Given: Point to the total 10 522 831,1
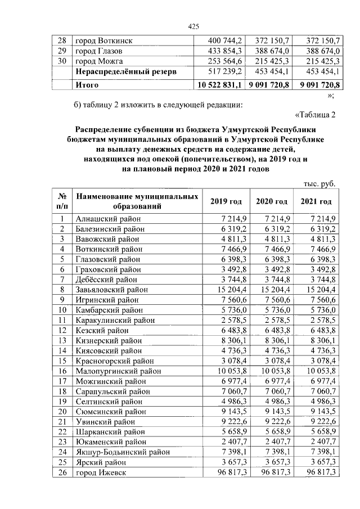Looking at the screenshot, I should click(x=218, y=85).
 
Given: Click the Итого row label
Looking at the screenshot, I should click(x=87, y=85).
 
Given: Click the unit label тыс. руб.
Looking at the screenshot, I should click(x=319, y=183).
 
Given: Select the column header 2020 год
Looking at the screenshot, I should click(x=272, y=202).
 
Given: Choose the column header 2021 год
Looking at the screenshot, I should click(x=316, y=202).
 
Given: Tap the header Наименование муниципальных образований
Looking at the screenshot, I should click(x=137, y=202).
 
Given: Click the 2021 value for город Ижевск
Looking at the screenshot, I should click(x=317, y=472).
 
